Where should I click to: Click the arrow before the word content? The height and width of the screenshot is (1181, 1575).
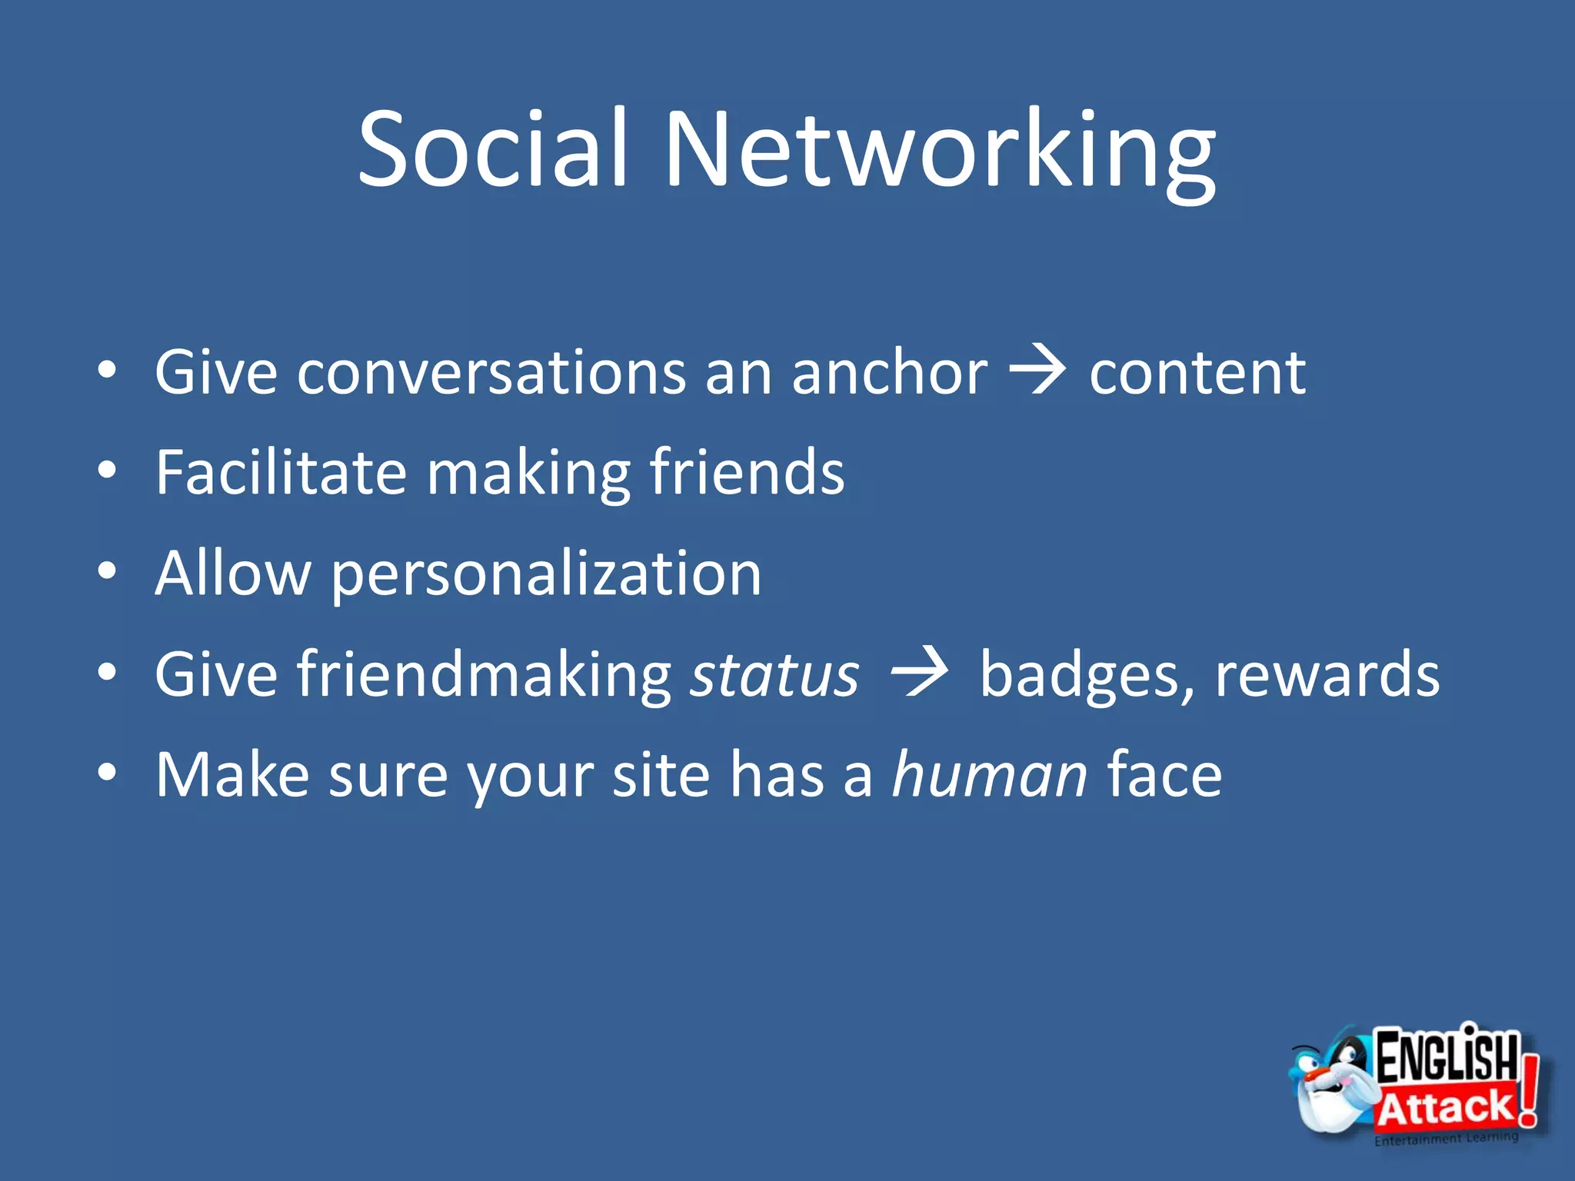(x=1037, y=371)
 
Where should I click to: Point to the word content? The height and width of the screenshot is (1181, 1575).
(x=1197, y=374)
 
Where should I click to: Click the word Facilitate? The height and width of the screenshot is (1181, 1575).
(x=281, y=472)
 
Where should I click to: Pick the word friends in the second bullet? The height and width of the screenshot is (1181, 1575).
(x=747, y=472)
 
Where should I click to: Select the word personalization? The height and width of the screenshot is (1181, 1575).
(x=546, y=575)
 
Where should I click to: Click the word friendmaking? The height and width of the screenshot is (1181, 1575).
(x=484, y=675)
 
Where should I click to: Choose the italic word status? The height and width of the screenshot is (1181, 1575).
(x=774, y=675)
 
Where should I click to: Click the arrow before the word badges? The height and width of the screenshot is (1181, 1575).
(x=918, y=673)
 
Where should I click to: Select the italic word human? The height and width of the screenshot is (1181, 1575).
(x=989, y=775)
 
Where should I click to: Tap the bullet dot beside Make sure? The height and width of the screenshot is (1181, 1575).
(x=108, y=772)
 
